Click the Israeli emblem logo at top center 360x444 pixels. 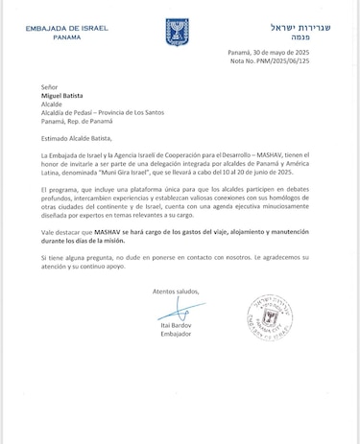pos(179,29)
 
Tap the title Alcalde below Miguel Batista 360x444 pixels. pos(53,106)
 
